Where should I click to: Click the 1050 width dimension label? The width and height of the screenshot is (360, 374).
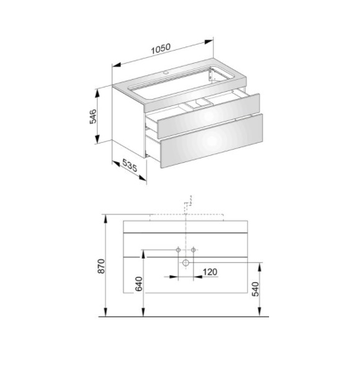161,49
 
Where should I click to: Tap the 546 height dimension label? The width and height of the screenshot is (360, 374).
93,116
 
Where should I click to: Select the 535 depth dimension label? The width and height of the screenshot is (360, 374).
130,165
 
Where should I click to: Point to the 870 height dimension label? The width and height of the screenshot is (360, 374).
102,266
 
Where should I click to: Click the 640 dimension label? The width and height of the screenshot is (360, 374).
139,284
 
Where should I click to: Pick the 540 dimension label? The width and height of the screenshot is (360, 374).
255,289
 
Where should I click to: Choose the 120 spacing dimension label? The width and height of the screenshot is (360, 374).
210,272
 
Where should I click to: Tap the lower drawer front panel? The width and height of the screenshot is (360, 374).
212,141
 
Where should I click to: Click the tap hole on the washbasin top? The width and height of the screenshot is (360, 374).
166,71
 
